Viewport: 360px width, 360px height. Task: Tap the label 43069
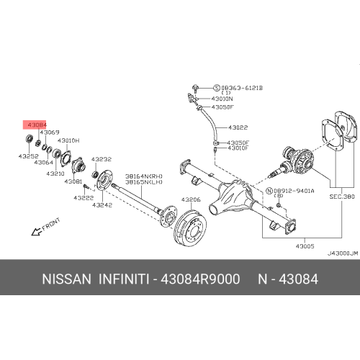point(49,133)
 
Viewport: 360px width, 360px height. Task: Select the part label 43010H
point(68,140)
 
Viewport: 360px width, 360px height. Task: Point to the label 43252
point(30,156)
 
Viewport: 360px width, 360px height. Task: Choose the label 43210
point(55,174)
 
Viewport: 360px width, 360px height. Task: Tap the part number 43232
point(102,159)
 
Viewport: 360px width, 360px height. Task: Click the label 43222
point(84,197)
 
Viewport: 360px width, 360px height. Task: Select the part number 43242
point(102,205)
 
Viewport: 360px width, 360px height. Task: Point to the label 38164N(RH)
point(143,175)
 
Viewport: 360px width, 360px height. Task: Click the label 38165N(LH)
point(143,182)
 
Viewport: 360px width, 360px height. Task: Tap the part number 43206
point(191,199)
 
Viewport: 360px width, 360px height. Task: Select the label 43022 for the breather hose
point(238,127)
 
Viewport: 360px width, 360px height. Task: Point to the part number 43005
point(305,245)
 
